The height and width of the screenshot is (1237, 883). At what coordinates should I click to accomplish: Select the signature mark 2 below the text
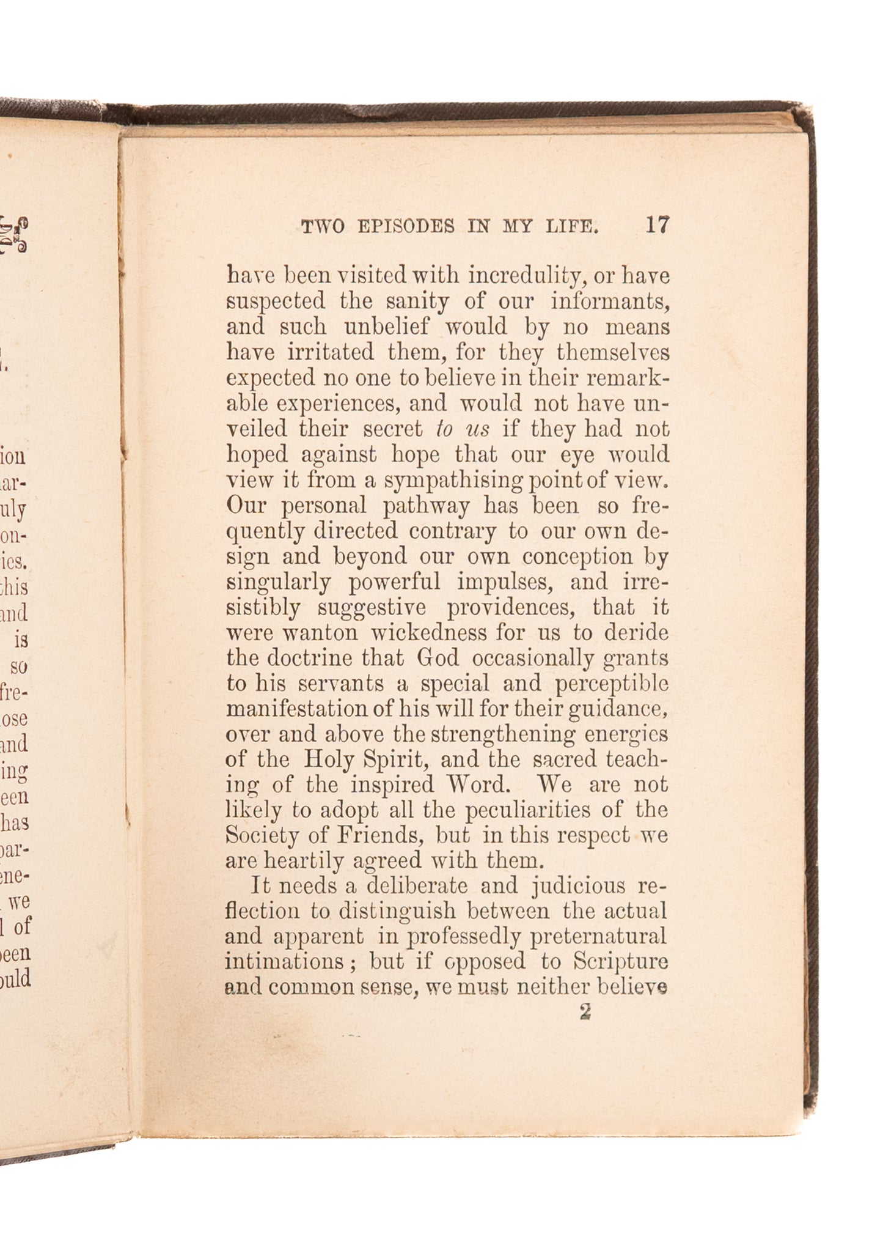(x=585, y=1012)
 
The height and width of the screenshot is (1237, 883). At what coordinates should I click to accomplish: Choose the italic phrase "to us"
(x=463, y=429)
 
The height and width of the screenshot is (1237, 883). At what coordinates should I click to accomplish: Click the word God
(x=436, y=659)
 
